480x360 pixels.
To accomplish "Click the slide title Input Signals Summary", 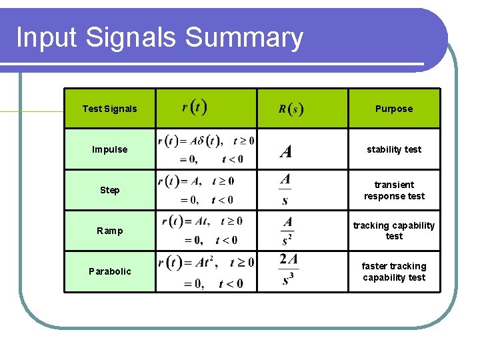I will pos(159,38).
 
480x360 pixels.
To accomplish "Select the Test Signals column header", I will pos(109,109).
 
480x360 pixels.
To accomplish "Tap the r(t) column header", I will pos(194,107).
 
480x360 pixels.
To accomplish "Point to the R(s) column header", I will pos(291,109).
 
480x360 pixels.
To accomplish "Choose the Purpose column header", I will pos(393,109).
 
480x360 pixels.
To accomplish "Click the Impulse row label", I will pos(109,149).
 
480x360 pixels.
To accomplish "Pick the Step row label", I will pos(109,190).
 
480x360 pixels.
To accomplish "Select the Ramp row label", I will pos(109,231).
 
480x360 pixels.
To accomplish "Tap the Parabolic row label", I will pos(109,271).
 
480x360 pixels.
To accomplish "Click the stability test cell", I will pos(393,149).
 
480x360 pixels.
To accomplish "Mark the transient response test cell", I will pos(393,190).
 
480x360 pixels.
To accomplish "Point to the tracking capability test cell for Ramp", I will pos(393,231).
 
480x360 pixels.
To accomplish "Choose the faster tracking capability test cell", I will pos(393,271).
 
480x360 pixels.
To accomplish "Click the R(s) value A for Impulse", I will pos(286,152).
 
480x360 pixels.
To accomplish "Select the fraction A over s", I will pos(285,189).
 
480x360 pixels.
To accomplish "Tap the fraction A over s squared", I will pos(287,231).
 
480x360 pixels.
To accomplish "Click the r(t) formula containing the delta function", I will pos(205,149).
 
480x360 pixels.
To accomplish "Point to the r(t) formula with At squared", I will pos(205,272).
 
